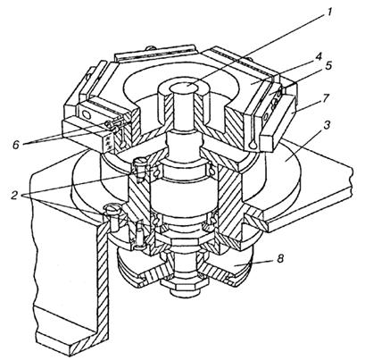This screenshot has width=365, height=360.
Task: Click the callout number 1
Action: [328, 11]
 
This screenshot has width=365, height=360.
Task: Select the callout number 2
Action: [14, 196]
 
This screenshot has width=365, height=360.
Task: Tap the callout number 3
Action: [327, 125]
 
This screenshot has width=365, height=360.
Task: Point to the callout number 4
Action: [319, 55]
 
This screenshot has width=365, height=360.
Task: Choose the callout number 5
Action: [328, 66]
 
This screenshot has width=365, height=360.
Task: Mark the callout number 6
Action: [17, 145]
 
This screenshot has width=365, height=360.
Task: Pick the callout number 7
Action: [327, 98]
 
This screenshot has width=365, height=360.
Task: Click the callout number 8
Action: [279, 258]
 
